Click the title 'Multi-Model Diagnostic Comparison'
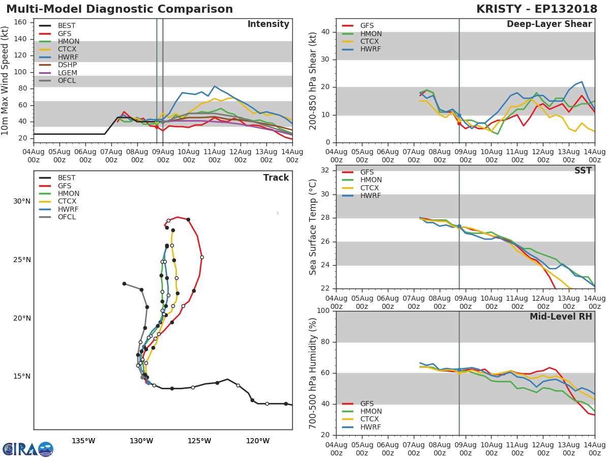pos(119,10)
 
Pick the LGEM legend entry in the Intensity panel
pos(67,73)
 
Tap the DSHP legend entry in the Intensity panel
pos(67,65)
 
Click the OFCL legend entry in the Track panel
pos(67,217)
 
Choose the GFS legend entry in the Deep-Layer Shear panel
pos(367,26)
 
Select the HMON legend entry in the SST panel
pos(371,180)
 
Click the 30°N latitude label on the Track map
pos(22,202)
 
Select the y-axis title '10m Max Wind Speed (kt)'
pos(6,81)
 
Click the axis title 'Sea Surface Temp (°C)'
pos(313,227)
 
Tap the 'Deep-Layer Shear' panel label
pos(549,24)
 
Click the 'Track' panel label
pos(276,178)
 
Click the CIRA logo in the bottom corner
pos(27,449)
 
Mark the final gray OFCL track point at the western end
pos(124,283)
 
